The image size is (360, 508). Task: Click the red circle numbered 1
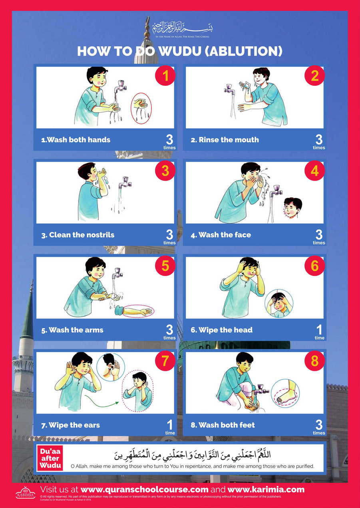pyautogui.click(x=165, y=76)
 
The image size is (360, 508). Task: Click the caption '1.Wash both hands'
pyautogui.click(x=76, y=140)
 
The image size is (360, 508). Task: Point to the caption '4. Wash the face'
pyautogui.click(x=221, y=235)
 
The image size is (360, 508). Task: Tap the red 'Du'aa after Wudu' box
pyautogui.click(x=50, y=458)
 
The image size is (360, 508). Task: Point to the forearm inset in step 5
pyautogui.click(x=137, y=311)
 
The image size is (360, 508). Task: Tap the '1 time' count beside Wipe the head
pyautogui.click(x=319, y=332)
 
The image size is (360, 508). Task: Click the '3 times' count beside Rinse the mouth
pyautogui.click(x=319, y=142)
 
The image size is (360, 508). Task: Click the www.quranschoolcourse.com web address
pyautogui.click(x=145, y=490)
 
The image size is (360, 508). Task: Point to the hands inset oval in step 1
pyautogui.click(x=141, y=105)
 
